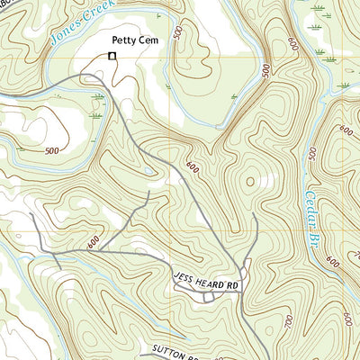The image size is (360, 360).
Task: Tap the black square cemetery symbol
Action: [x=112, y=57]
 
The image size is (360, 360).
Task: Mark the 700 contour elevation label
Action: [x=289, y=319]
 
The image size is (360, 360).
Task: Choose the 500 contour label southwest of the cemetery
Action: [x=51, y=151]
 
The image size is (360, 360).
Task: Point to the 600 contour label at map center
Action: [x=192, y=166]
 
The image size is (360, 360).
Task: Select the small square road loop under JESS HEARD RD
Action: [x=208, y=296]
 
